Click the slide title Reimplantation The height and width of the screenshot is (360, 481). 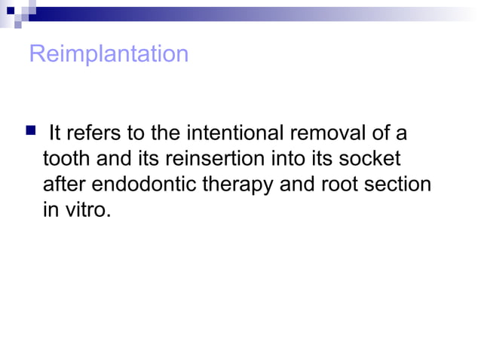109,55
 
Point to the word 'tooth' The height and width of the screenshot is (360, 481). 63,160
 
